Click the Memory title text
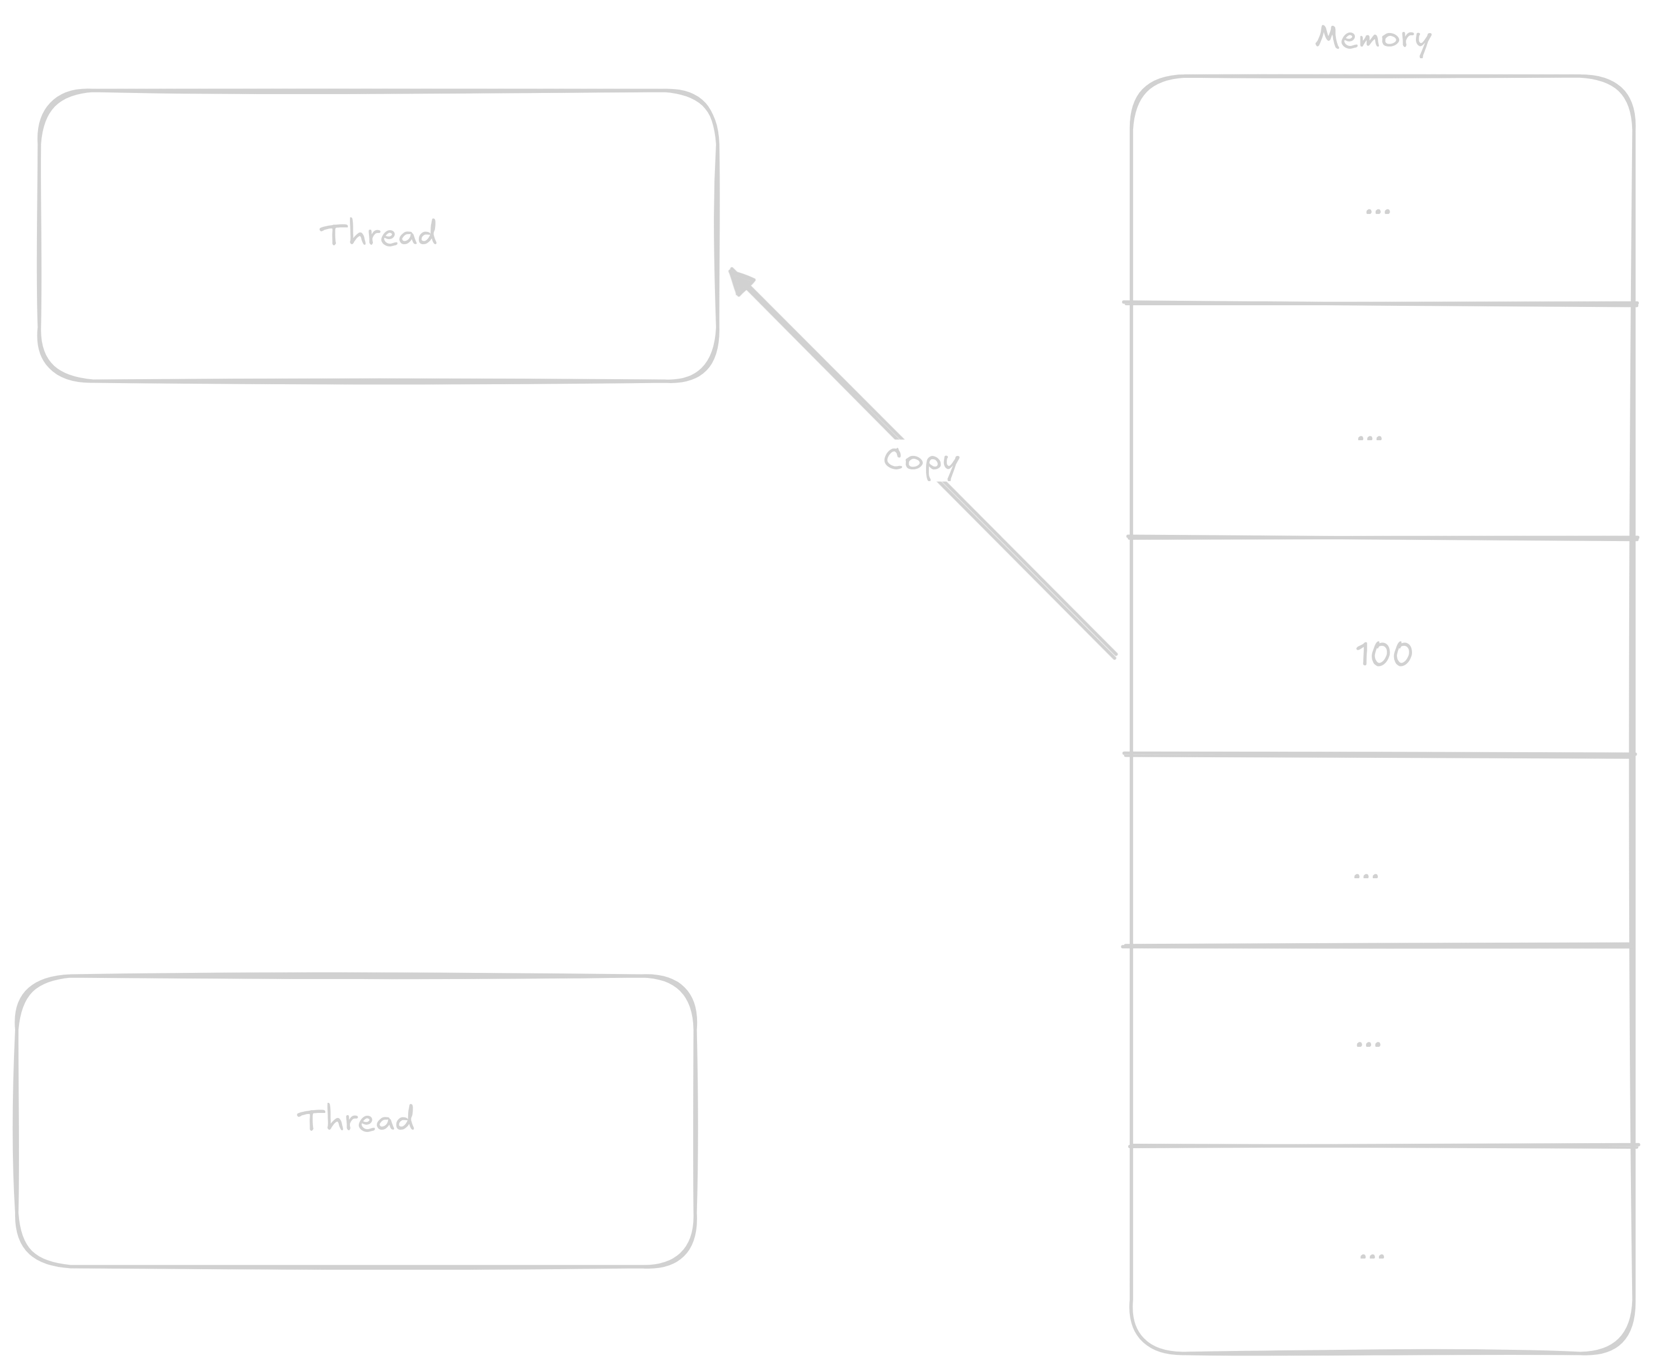(x=1373, y=38)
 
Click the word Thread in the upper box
(x=378, y=234)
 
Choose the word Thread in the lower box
(x=356, y=1119)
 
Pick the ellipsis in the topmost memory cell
(x=1378, y=211)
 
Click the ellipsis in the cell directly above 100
(x=1369, y=438)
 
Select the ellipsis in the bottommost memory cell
(x=1372, y=1256)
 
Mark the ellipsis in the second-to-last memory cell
(x=1368, y=1045)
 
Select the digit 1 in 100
(x=1361, y=654)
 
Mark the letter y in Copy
(x=951, y=465)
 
